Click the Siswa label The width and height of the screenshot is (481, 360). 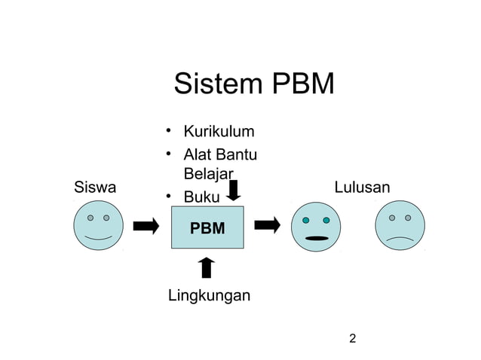coord(95,188)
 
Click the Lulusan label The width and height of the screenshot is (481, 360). coord(362,188)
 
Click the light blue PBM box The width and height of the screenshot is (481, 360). coord(207,226)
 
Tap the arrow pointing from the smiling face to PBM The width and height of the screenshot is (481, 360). coord(146,226)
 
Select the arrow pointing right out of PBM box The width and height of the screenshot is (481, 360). coord(267,224)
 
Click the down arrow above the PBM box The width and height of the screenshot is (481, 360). coord(234,190)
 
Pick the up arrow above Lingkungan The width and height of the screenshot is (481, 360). coord(207,267)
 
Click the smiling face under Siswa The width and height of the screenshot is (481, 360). coord(98,226)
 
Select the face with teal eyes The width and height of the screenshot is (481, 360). coord(315,227)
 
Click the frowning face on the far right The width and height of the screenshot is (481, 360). coord(400,227)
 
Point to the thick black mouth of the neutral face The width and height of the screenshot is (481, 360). coord(315,239)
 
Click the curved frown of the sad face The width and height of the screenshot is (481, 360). coord(400,239)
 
